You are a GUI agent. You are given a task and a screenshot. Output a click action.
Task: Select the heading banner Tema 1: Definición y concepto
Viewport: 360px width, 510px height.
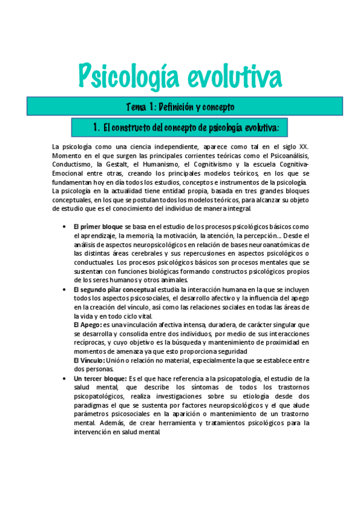(180, 107)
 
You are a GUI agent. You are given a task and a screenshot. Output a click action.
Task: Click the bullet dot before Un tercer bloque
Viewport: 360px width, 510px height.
(64, 378)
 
